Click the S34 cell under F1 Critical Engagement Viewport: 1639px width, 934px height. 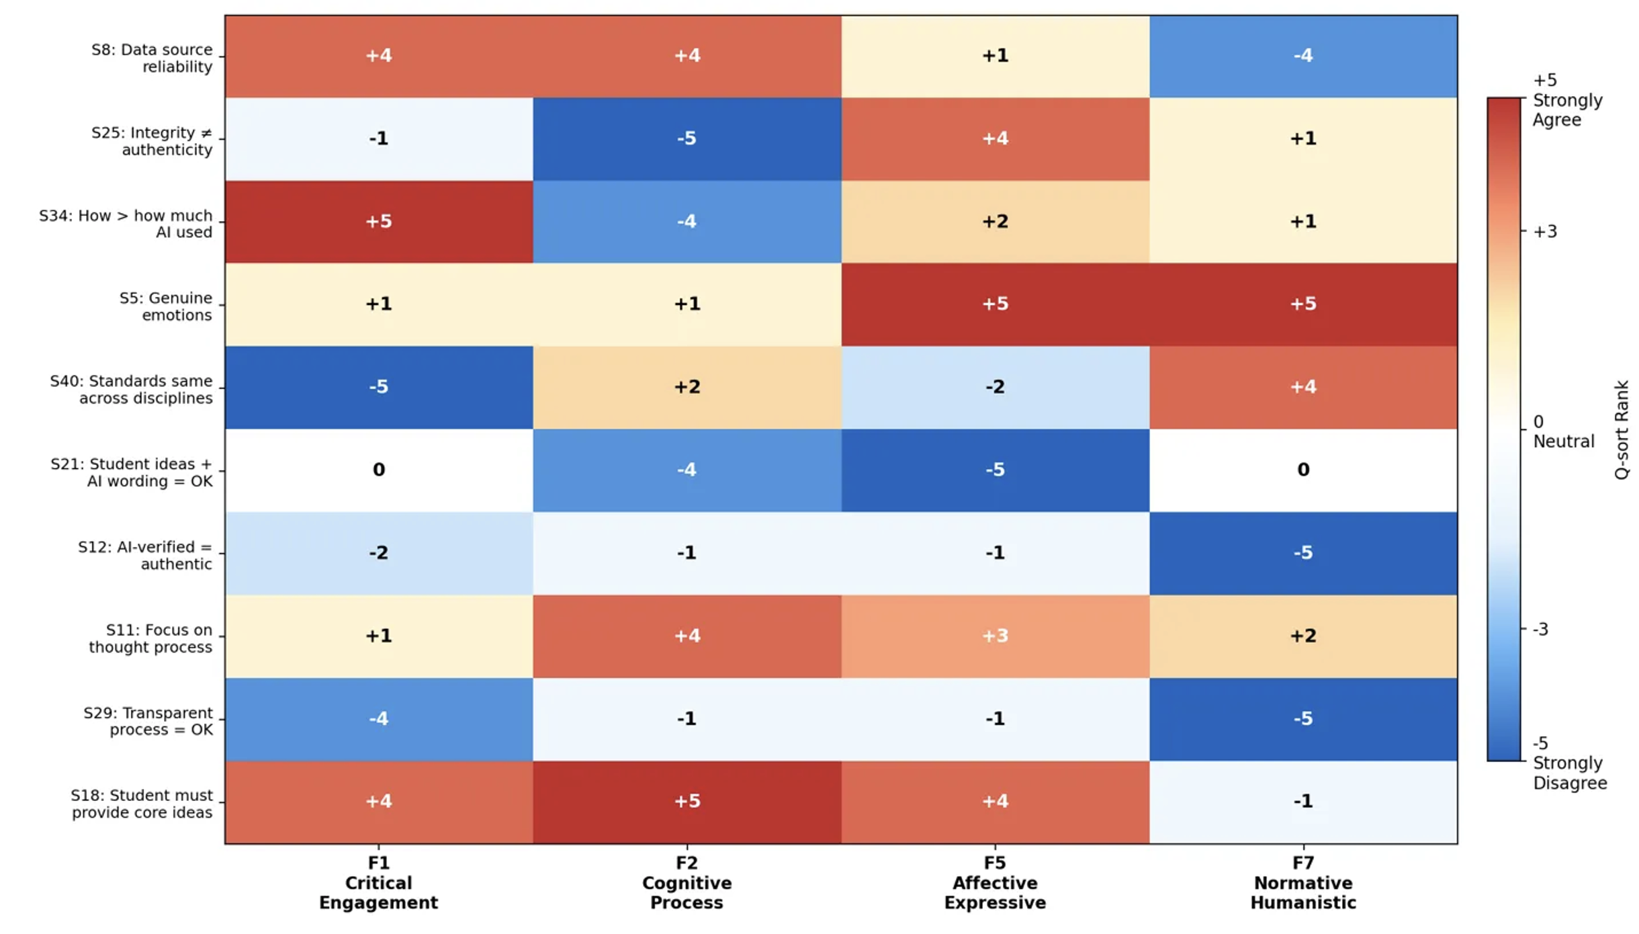coord(378,221)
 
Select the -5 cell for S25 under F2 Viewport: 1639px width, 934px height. coord(686,138)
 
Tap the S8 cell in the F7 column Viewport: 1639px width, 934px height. coord(1302,56)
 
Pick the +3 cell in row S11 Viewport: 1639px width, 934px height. coord(995,636)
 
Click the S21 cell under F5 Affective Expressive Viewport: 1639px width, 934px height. coord(995,470)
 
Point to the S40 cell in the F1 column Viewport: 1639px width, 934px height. coord(378,387)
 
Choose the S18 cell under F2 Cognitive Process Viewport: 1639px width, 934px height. coord(686,801)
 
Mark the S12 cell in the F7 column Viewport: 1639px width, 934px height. coord(1302,552)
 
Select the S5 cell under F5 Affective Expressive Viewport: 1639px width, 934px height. coord(995,304)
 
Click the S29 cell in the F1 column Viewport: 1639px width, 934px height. coord(378,718)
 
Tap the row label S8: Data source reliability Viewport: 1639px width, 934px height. coord(152,58)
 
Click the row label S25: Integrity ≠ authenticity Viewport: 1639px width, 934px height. coord(152,140)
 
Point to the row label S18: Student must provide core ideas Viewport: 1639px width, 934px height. coord(142,804)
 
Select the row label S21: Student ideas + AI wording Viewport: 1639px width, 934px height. coord(132,472)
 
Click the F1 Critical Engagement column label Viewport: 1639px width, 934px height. coord(378,882)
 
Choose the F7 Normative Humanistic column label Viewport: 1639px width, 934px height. coord(1302,882)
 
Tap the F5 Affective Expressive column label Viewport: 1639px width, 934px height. coord(995,882)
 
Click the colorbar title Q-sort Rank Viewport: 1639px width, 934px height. coord(1622,429)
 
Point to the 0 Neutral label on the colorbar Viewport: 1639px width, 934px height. coord(1562,431)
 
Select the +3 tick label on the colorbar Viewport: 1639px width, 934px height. coord(1545,232)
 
